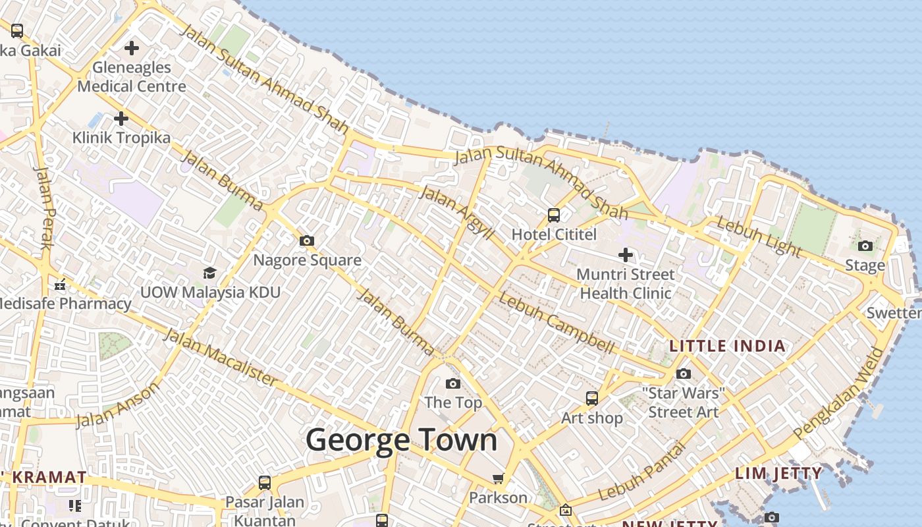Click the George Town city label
401,440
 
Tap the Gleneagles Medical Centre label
132,76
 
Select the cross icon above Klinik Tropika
121,119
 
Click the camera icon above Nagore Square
307,241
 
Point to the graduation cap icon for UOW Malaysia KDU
209,273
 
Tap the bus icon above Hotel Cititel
554,215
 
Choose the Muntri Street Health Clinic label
625,283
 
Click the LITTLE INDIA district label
728,346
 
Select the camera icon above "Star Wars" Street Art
684,374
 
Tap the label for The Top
453,402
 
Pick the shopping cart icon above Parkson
499,478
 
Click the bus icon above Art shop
592,399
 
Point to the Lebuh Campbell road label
556,322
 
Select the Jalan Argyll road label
456,213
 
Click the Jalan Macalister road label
220,357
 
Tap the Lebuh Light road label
759,237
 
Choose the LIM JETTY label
778,473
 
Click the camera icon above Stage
865,246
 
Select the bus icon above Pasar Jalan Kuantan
265,483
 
